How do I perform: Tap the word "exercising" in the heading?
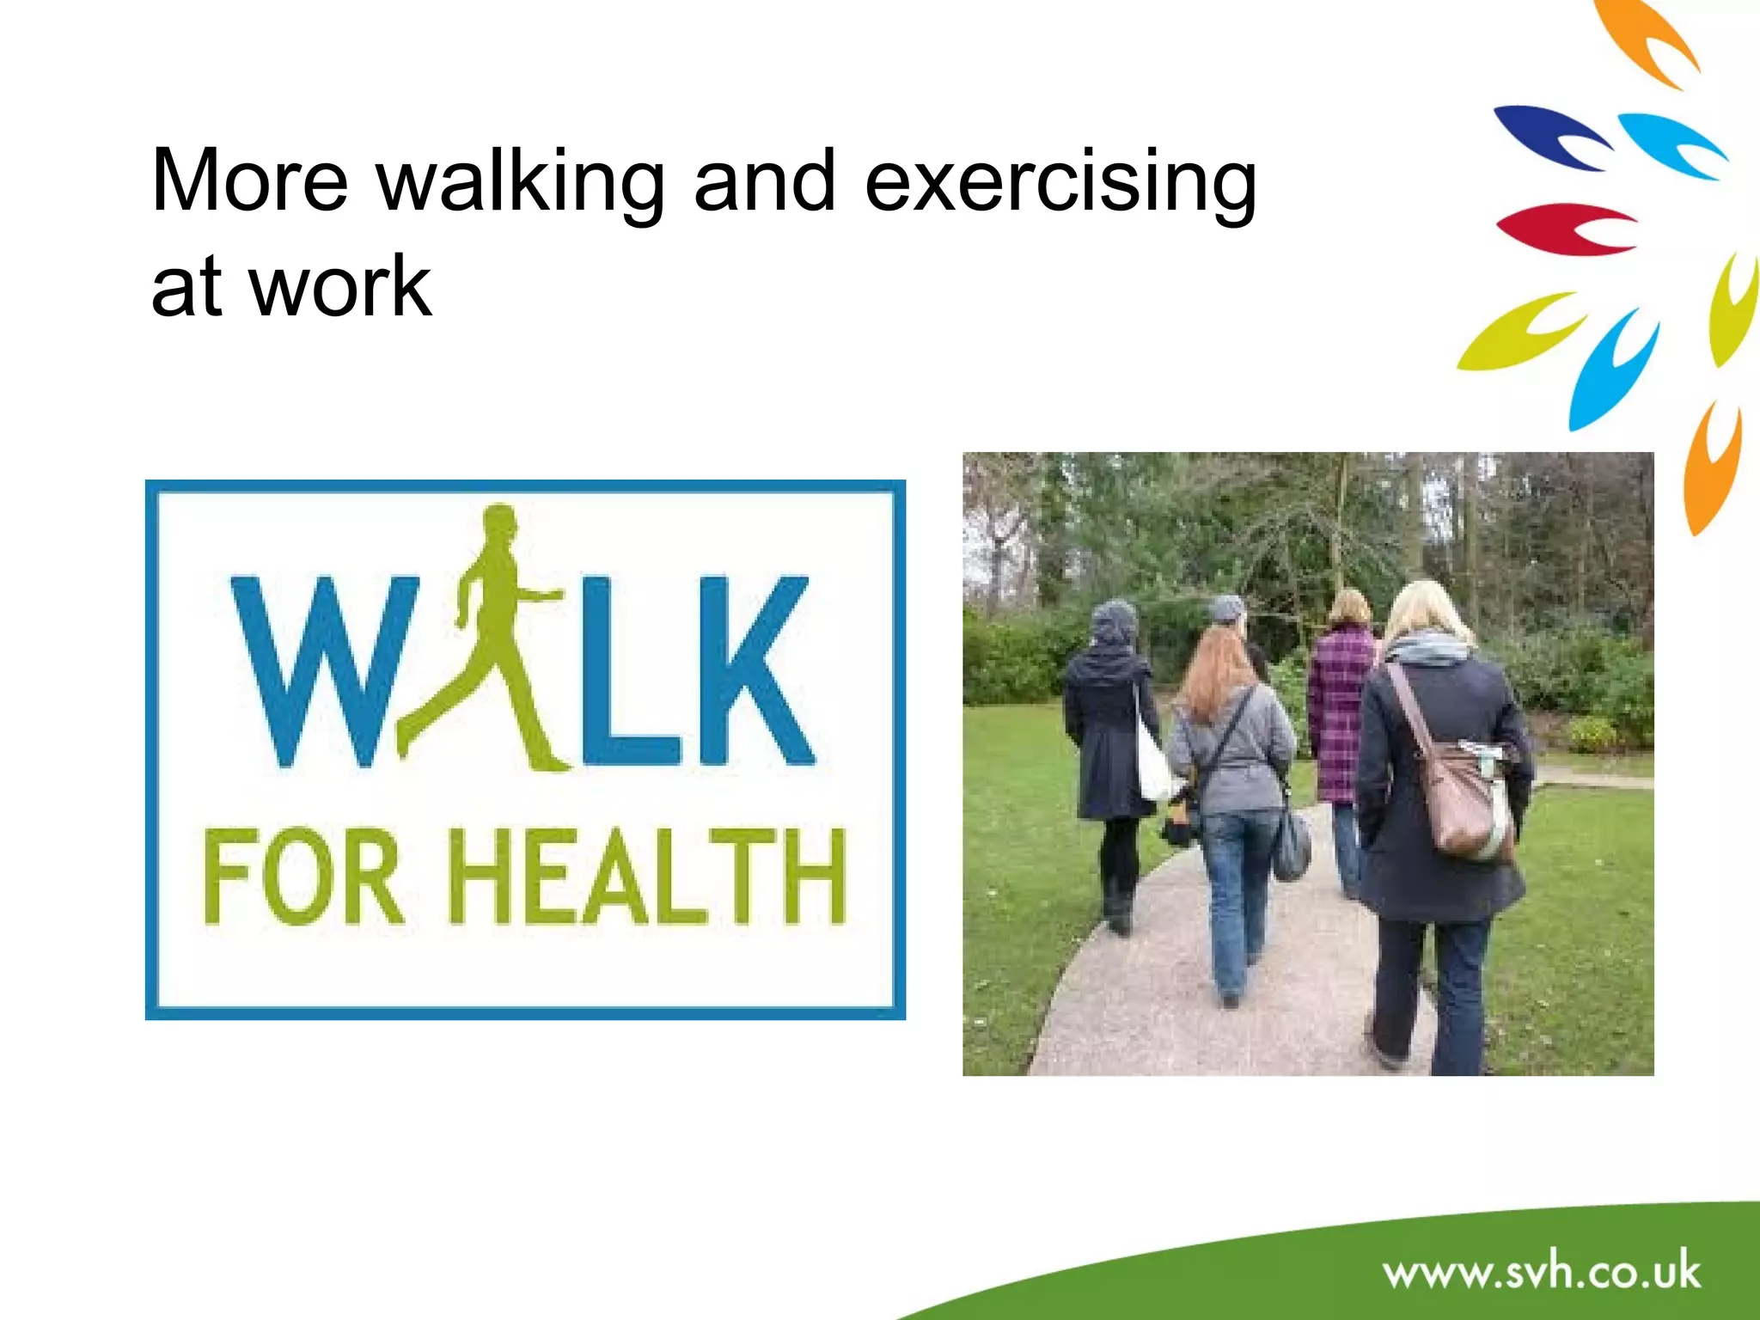click(x=1060, y=182)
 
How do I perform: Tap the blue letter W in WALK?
click(x=322, y=670)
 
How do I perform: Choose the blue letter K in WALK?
click(x=752, y=670)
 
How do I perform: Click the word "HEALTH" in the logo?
click(x=649, y=877)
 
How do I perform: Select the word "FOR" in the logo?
click(x=301, y=877)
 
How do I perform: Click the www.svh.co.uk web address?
click(x=1542, y=1273)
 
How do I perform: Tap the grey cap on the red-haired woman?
click(x=1226, y=608)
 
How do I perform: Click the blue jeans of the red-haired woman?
click(x=1237, y=894)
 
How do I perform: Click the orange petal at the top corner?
click(x=1646, y=39)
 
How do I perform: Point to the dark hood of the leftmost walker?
click(x=1114, y=623)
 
